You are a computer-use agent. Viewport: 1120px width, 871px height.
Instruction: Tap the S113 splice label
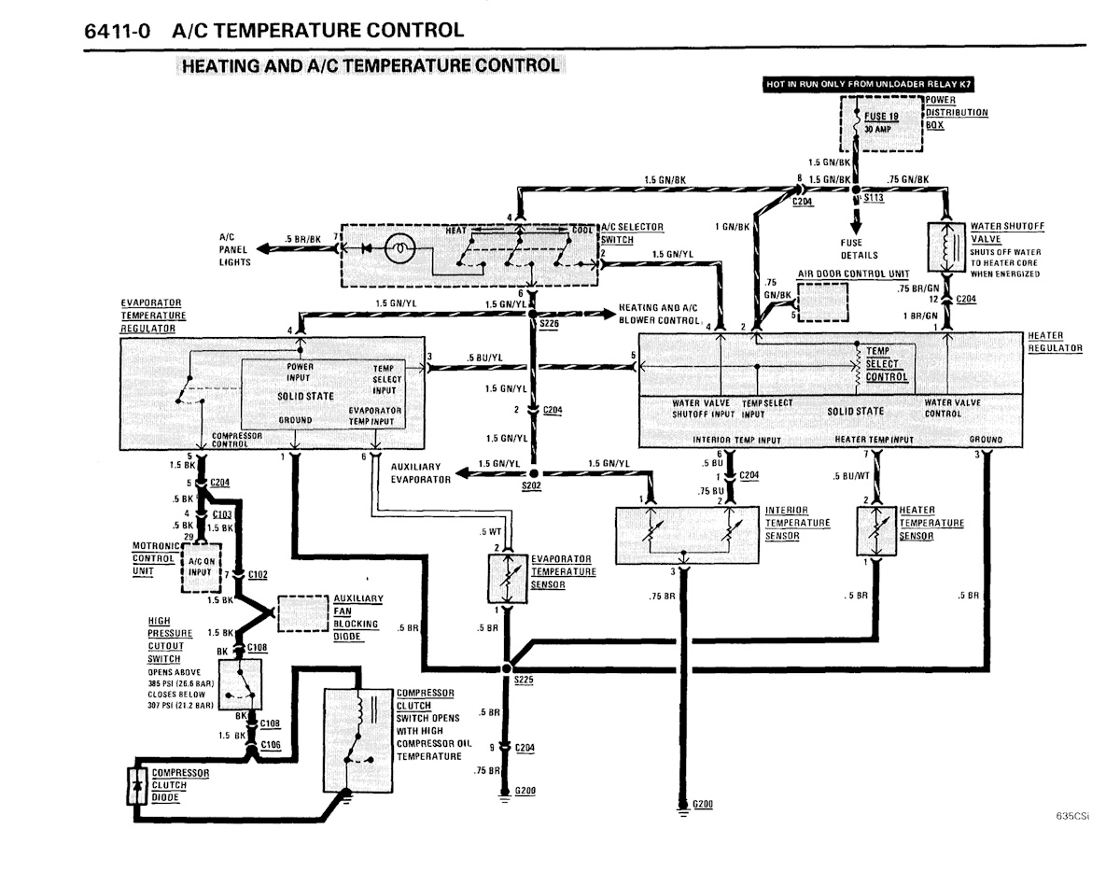click(875, 199)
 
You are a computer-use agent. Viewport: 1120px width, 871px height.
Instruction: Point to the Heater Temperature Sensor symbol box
click(877, 531)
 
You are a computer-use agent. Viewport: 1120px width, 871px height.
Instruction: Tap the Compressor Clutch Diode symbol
click(138, 784)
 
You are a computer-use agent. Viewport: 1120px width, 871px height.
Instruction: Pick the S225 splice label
click(523, 681)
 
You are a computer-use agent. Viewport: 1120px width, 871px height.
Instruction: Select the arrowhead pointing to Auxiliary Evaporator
click(461, 479)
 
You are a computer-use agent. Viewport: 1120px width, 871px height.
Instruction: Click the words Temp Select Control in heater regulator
click(885, 363)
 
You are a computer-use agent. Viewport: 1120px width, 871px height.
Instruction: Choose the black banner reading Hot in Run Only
click(854, 84)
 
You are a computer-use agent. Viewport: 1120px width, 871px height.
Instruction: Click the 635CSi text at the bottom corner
click(1072, 815)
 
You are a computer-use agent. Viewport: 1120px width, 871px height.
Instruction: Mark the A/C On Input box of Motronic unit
click(202, 567)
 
